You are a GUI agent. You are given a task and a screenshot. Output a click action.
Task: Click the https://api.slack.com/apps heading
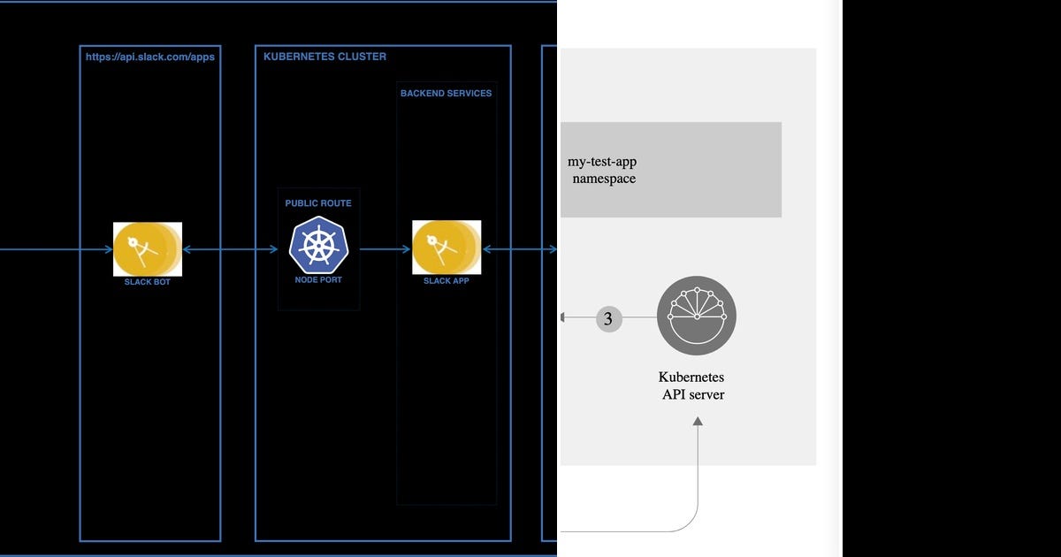(x=149, y=57)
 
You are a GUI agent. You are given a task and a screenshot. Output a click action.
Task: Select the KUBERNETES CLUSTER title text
(x=324, y=57)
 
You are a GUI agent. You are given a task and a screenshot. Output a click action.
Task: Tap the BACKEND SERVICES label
(x=446, y=93)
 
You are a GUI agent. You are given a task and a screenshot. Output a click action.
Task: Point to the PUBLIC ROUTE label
(x=318, y=203)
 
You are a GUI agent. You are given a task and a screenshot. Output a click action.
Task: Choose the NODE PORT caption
(x=318, y=280)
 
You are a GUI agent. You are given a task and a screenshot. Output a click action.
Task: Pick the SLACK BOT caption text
(x=147, y=282)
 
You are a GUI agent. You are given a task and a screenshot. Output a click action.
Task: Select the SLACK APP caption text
(x=446, y=281)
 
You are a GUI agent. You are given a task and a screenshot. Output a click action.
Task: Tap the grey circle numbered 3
(x=608, y=318)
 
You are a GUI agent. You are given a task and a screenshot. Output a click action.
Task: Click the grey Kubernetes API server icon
(x=697, y=316)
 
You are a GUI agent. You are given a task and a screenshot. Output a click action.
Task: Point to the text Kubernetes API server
(x=693, y=385)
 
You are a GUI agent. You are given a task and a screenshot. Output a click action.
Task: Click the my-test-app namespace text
(x=603, y=170)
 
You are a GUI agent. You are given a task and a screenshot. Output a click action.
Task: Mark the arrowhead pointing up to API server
(x=698, y=422)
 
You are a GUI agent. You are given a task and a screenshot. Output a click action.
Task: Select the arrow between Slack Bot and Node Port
(x=230, y=250)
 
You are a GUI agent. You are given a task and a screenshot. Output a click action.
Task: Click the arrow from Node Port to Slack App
(x=385, y=249)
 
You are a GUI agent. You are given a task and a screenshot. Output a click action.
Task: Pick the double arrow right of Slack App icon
(x=520, y=249)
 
